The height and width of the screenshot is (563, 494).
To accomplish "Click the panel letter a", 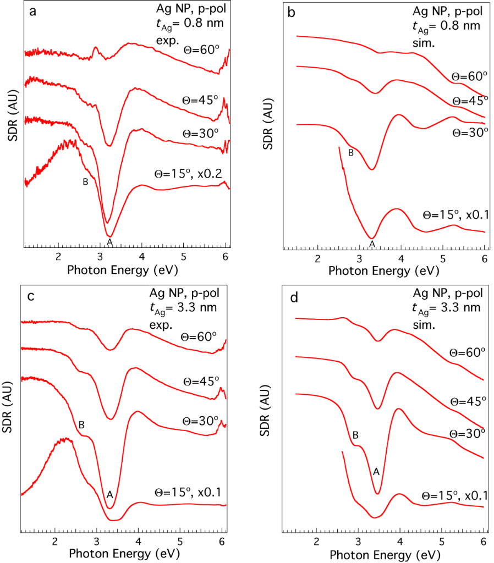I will click(34, 13).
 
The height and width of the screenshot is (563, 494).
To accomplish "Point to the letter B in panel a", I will click(85, 182).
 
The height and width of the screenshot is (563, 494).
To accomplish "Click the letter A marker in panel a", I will click(109, 241).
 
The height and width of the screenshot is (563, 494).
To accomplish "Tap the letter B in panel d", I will click(355, 435).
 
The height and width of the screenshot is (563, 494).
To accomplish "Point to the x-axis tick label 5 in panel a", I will click(184, 256).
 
